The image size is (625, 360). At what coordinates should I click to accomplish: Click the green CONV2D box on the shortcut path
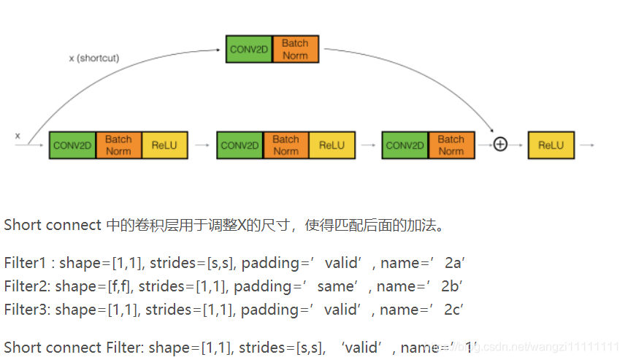(x=249, y=49)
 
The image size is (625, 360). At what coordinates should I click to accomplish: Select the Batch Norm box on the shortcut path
(x=296, y=49)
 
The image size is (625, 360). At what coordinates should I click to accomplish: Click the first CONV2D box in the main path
(x=72, y=145)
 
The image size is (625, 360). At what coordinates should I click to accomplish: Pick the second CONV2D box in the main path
(x=239, y=145)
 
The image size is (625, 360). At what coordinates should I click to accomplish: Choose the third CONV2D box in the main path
(x=404, y=145)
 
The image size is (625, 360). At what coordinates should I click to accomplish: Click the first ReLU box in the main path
(x=164, y=145)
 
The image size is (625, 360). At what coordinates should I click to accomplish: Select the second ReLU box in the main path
(x=331, y=145)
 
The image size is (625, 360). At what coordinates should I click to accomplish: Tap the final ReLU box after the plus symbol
(x=551, y=145)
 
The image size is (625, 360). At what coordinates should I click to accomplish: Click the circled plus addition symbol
(x=500, y=145)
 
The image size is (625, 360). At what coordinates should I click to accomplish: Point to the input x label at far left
(x=18, y=136)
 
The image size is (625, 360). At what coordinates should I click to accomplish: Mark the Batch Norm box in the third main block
(x=451, y=145)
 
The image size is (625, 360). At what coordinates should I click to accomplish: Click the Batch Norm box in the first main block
(x=118, y=145)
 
